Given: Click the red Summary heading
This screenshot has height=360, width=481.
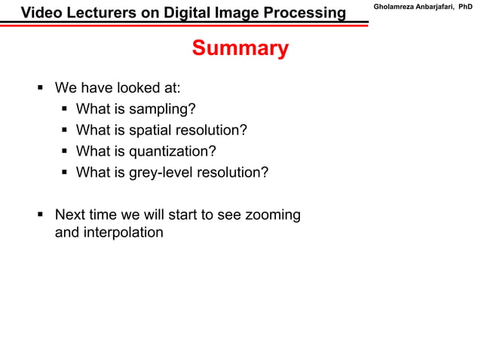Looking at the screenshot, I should click(240, 49).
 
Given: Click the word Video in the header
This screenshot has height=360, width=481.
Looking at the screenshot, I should click(40, 13).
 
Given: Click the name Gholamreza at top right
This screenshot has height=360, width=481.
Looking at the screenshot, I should click(392, 8).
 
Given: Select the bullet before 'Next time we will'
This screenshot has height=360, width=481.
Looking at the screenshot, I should click(41, 215).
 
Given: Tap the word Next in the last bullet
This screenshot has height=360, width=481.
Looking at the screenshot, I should click(70, 215).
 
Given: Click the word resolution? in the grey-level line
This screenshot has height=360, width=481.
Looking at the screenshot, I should click(233, 172).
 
